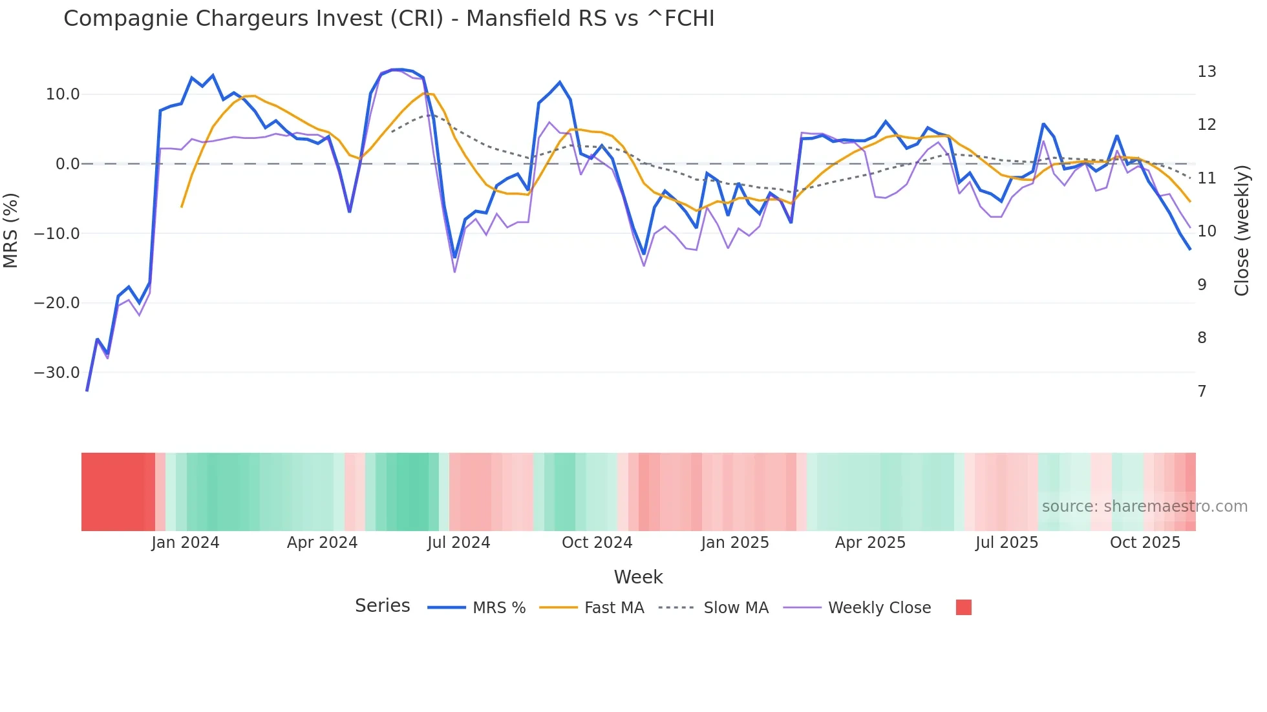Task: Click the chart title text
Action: [x=389, y=19]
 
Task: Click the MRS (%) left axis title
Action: [x=11, y=230]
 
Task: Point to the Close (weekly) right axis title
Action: [x=1241, y=230]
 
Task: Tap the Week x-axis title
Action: [x=638, y=577]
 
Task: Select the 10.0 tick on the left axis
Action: [x=63, y=94]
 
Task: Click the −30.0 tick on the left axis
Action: [x=57, y=373]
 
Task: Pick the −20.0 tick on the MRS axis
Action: [x=57, y=303]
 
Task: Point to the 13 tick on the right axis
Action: [x=1206, y=72]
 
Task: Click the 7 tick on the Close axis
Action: [x=1202, y=392]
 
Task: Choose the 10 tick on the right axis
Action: [x=1206, y=231]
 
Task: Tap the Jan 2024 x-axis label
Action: [x=186, y=543]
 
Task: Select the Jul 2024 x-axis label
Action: [x=459, y=543]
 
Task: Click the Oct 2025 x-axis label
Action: [x=1145, y=543]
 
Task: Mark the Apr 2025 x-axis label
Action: [x=870, y=543]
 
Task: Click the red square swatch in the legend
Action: [x=963, y=607]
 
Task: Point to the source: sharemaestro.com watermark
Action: [x=1144, y=507]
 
